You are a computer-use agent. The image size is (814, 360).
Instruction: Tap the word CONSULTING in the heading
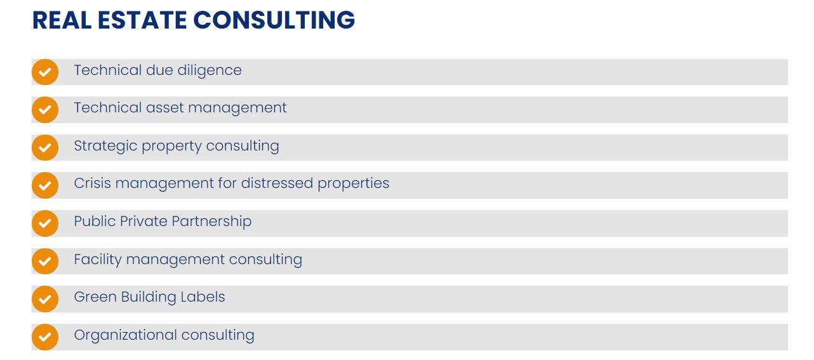274,20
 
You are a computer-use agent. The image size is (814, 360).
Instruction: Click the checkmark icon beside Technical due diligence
45,72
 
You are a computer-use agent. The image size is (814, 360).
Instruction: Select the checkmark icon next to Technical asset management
45,110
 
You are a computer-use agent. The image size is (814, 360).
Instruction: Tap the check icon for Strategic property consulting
45,147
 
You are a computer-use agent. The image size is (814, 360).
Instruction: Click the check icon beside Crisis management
45,185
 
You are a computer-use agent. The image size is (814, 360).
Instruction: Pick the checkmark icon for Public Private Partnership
45,223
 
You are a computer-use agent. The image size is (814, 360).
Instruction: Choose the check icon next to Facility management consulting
45,261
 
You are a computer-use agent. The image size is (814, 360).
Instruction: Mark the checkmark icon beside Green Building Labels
45,298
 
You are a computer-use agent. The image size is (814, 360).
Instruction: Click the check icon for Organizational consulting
45,337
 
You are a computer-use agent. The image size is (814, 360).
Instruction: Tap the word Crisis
92,183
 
